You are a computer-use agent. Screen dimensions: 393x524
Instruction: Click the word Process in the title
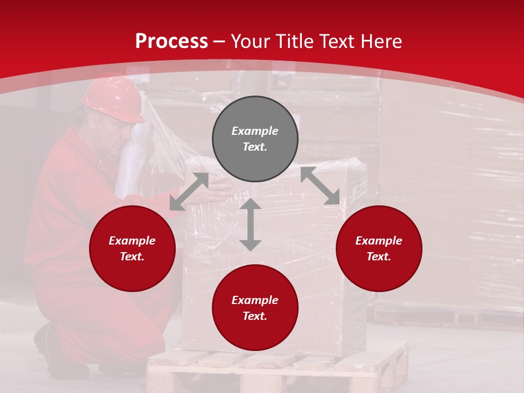[x=171, y=41]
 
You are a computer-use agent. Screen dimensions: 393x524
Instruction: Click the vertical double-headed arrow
[x=251, y=225]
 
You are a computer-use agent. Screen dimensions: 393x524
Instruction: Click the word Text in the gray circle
[x=255, y=147]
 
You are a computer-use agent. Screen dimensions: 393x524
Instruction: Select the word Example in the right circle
[x=379, y=241]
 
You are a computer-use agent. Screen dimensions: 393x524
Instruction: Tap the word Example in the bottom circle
[x=255, y=300]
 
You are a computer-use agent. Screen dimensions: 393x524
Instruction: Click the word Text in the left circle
[x=132, y=257]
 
